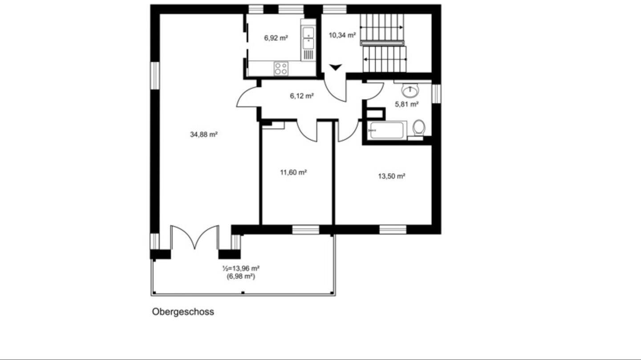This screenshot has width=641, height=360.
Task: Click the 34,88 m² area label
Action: tap(203, 134)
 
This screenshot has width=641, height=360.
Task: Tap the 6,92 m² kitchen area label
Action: tap(276, 38)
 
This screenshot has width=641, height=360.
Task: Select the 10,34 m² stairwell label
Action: tap(342, 35)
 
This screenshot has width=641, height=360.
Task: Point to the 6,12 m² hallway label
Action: tap(302, 96)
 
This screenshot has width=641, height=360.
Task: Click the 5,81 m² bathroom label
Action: tap(407, 105)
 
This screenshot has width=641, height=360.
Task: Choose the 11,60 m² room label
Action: tap(293, 172)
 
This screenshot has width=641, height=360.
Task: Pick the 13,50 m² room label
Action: tap(391, 176)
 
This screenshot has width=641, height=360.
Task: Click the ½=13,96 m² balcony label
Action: tap(241, 268)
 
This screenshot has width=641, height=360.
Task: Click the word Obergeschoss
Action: tap(183, 311)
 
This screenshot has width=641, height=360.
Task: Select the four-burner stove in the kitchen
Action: tap(280, 69)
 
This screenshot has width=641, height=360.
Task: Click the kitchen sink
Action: tap(308, 38)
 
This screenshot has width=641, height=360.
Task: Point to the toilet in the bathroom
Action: tap(418, 128)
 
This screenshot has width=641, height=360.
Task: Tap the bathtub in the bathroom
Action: tap(386, 130)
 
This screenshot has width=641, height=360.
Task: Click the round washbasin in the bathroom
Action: tap(410, 91)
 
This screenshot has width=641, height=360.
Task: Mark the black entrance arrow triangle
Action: tap(336, 67)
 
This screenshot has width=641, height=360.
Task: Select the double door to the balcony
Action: tap(195, 237)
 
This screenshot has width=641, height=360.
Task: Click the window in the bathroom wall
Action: tap(436, 93)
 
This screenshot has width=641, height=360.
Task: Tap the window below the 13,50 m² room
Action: tap(393, 230)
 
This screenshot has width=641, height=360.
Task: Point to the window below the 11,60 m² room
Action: tap(305, 230)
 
